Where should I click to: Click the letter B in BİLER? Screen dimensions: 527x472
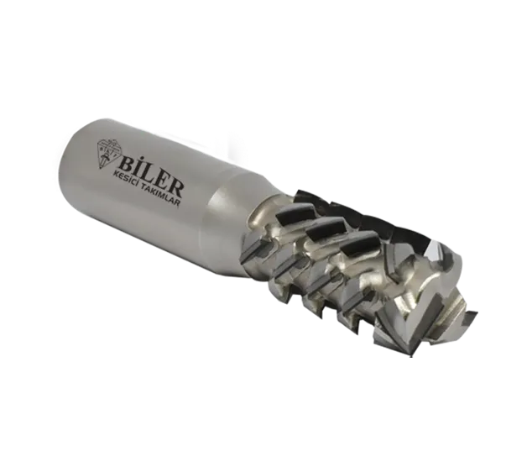pos(125,165)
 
